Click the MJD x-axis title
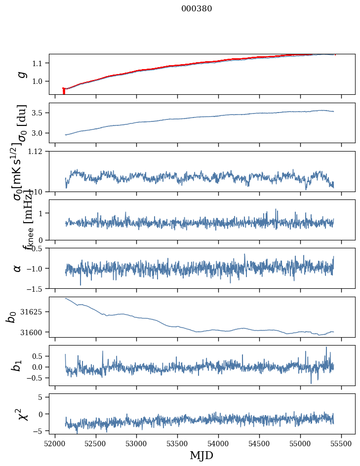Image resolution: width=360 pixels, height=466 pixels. click(201, 455)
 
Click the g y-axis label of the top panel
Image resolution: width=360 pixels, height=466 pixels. click(21, 74)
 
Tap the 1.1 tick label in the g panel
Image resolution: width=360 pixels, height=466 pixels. click(39, 63)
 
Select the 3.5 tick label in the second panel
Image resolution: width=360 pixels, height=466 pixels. click(39, 113)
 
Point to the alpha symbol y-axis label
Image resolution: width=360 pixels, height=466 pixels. click(18, 268)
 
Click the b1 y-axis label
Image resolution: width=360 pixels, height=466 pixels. click(17, 365)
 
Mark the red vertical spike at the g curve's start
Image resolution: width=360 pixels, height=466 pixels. click(64, 91)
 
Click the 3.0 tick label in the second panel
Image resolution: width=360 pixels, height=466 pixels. click(39, 133)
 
